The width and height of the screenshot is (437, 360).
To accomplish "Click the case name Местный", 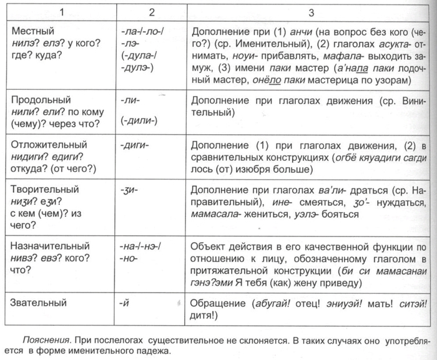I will [x=32, y=31].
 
